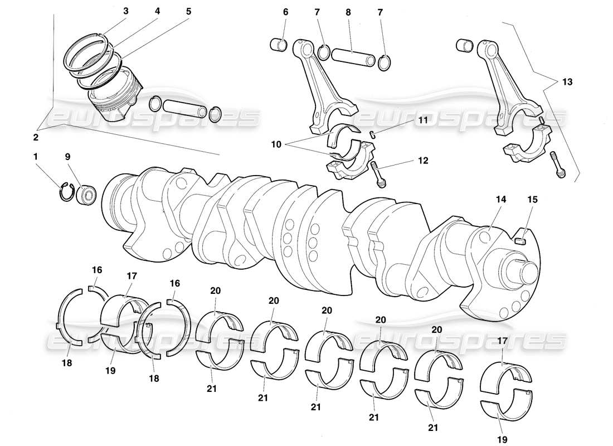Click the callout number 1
(x=36, y=157)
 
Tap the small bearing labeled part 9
(x=87, y=195)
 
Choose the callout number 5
(x=188, y=11)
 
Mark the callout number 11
(x=424, y=120)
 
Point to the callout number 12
(x=423, y=161)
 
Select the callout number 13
(x=567, y=81)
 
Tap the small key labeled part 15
(x=522, y=240)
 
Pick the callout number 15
(x=532, y=198)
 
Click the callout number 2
(x=36, y=137)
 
